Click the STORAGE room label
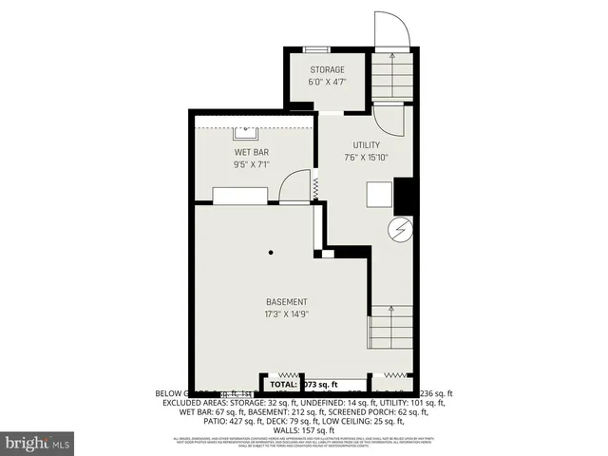[x=326, y=69]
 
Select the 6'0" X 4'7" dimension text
[x=326, y=82]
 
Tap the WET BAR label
[x=252, y=152]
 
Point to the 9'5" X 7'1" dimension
[x=252, y=164]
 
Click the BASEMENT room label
[x=286, y=302]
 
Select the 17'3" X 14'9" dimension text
[x=286, y=314]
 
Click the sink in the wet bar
[x=246, y=128]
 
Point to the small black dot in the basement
[x=272, y=252]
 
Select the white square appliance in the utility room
[x=380, y=194]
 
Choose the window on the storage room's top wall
[x=317, y=48]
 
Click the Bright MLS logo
[x=38, y=443]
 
